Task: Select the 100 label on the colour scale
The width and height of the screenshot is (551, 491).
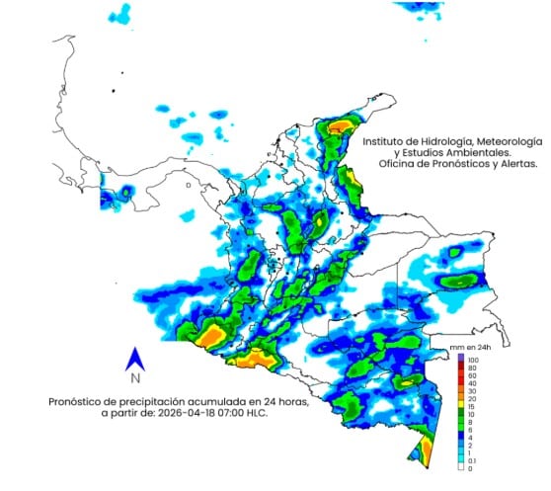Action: coord(473,361)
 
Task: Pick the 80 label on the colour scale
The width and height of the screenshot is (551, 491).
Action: coord(472,369)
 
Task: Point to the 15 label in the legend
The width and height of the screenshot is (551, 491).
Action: coord(472,405)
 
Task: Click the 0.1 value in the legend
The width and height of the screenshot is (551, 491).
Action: coord(473,459)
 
